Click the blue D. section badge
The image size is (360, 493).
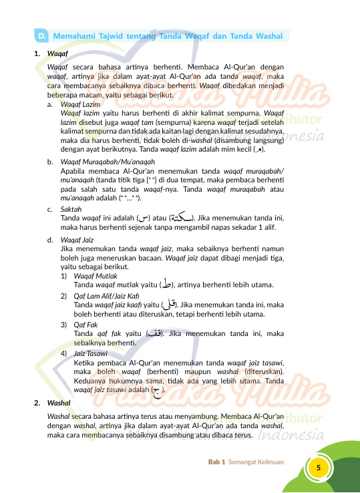(41, 35)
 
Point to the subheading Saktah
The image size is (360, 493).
(71, 209)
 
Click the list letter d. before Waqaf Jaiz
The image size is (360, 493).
(50, 240)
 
